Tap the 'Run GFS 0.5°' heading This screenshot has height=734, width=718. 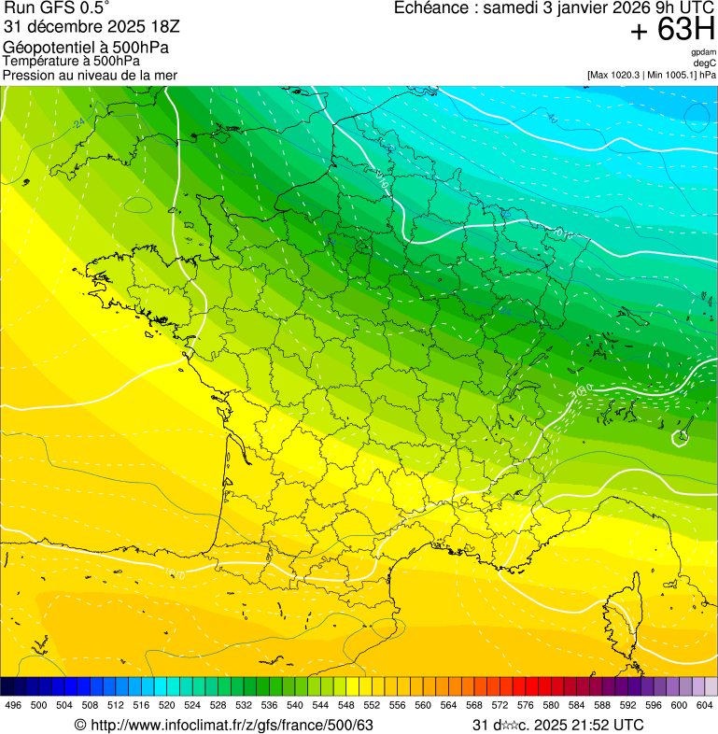coord(57,9)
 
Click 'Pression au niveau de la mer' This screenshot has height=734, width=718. coord(90,75)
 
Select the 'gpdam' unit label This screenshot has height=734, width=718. coord(703,52)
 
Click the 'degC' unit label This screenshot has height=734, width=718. coord(705,63)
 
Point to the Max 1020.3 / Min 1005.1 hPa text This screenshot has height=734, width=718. coord(652,74)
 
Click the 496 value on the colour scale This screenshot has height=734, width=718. coord(13,705)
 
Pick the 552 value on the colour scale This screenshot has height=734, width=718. coord(372,705)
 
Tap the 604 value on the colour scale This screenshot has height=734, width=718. coord(705,705)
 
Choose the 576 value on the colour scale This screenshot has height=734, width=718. coord(526,705)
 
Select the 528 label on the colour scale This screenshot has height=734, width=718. coord(218,705)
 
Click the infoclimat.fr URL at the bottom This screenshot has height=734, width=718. coord(224,725)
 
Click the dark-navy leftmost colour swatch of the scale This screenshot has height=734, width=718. coord(7,686)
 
